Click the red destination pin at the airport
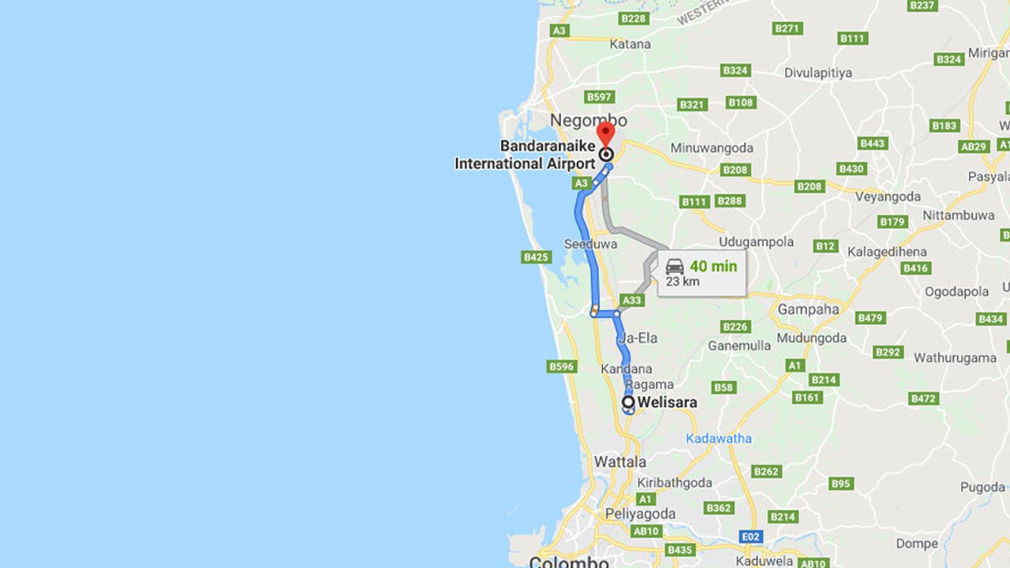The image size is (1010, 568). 605,133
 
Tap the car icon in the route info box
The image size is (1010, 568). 675,266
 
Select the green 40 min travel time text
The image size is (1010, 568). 713,266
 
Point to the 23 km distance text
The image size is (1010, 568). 683,282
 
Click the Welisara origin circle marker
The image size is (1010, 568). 629,403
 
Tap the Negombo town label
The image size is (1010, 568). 589,121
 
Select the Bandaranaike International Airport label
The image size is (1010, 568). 525,155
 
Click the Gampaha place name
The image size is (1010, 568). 808,309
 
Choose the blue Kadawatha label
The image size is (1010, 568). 719,438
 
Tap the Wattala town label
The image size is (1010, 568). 620,461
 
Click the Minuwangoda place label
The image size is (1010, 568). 712,148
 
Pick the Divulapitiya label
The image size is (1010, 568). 818,73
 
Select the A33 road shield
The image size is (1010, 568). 632,301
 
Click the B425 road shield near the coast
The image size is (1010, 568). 536,257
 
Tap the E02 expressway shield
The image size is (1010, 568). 752,536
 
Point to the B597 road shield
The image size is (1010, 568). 600,97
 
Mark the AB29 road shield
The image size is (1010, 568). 974,147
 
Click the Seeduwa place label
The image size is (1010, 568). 590,245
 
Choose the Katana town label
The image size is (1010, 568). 630,44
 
